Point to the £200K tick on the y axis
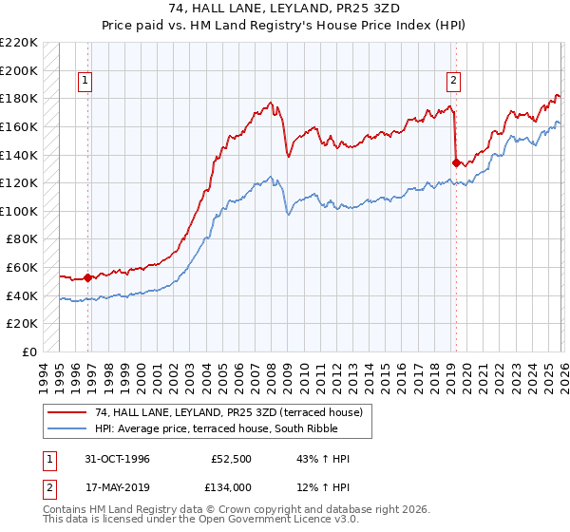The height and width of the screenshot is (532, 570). click(21, 70)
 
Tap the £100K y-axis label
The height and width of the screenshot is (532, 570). click(21, 211)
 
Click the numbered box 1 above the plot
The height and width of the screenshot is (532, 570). click(85, 82)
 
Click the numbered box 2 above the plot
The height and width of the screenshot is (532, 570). click(454, 82)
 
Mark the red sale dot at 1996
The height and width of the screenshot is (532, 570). click(88, 277)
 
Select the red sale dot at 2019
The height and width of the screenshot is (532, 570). click(456, 162)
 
